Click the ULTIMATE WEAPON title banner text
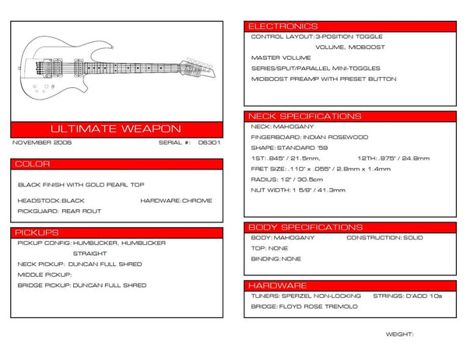(115, 128)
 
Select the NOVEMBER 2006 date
(43, 143)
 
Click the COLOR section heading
(33, 164)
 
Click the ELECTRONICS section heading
(282, 26)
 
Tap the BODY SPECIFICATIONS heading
(304, 227)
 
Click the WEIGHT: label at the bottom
(399, 333)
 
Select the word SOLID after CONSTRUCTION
(413, 237)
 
